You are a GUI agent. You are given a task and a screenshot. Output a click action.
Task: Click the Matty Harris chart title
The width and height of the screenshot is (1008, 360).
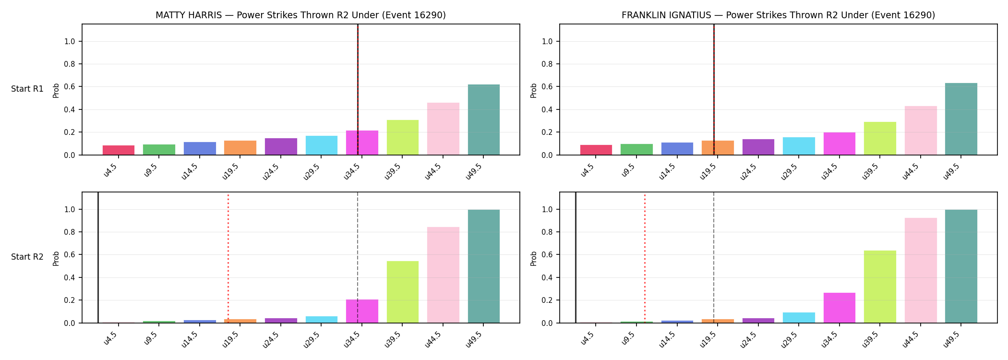click(x=300, y=15)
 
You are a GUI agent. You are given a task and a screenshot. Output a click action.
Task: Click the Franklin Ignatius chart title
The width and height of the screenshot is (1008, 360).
click(x=778, y=15)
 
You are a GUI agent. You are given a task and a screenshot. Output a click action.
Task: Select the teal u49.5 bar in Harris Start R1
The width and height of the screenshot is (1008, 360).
click(x=483, y=120)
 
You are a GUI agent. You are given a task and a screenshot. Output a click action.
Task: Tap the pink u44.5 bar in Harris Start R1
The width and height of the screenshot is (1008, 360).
click(x=443, y=129)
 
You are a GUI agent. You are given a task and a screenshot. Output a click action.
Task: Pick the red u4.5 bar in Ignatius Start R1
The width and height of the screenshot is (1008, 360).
click(x=596, y=150)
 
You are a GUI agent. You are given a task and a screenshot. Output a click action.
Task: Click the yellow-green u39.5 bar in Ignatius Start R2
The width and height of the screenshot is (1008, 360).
click(x=880, y=287)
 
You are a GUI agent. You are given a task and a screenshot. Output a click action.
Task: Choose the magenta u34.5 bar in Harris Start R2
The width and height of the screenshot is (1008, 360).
click(x=362, y=311)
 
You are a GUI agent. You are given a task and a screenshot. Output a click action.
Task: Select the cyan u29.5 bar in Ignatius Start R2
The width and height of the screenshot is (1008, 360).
click(x=799, y=318)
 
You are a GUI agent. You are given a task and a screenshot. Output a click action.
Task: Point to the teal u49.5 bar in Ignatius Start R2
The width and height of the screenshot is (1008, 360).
click(x=961, y=266)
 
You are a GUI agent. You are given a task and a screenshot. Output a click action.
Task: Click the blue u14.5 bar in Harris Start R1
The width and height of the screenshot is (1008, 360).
click(x=200, y=148)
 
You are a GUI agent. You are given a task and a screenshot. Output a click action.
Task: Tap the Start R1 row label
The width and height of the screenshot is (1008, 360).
click(x=27, y=89)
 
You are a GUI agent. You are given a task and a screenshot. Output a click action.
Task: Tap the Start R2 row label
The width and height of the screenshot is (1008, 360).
click(x=27, y=257)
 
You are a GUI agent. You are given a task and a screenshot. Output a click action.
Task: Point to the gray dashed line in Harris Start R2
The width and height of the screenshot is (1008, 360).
click(x=358, y=258)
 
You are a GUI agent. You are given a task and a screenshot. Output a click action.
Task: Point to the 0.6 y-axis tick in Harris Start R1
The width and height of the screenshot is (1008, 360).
click(x=70, y=87)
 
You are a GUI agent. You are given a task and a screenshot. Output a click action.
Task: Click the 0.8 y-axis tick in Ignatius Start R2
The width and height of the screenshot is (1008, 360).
click(x=547, y=232)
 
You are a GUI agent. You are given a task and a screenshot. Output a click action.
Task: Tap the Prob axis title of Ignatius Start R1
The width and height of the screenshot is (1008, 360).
click(x=534, y=90)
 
